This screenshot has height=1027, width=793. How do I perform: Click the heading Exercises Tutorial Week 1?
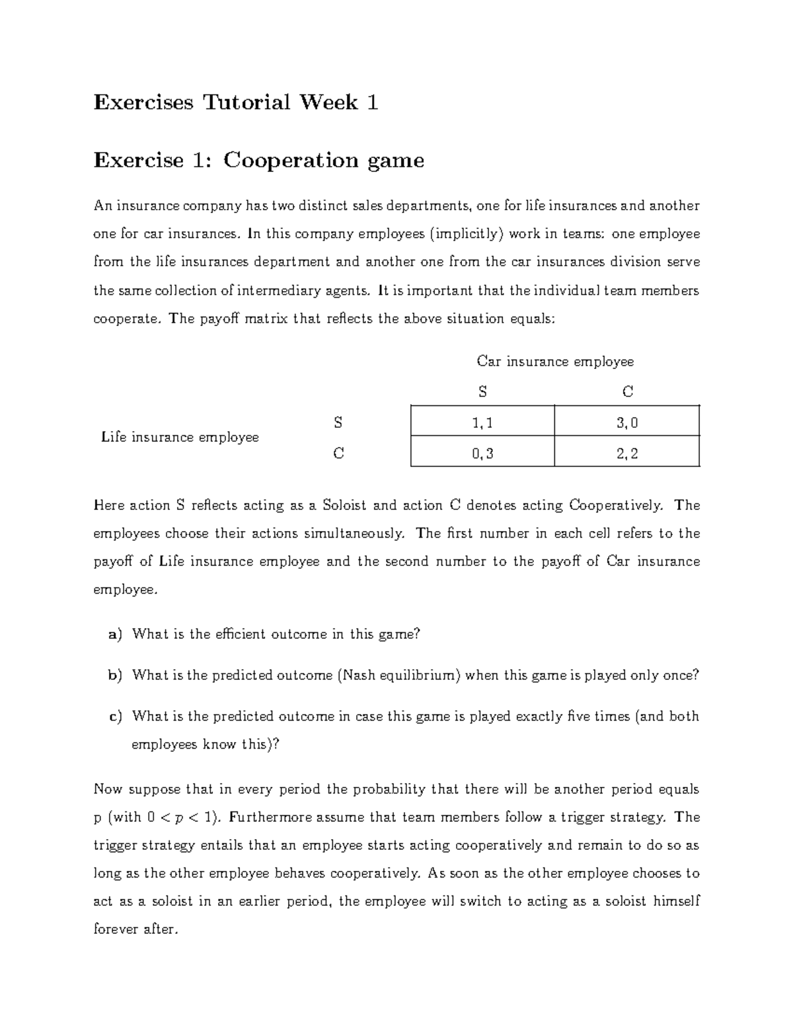click(236, 103)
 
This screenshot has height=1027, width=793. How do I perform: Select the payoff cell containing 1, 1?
click(482, 423)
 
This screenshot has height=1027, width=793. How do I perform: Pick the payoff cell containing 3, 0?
click(627, 423)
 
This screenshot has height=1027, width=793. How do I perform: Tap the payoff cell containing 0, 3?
click(482, 453)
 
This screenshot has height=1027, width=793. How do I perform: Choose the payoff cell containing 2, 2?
click(627, 453)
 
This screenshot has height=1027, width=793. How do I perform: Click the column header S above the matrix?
click(482, 392)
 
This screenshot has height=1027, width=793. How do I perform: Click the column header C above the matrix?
click(628, 392)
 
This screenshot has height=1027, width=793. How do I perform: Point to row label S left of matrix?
click(338, 422)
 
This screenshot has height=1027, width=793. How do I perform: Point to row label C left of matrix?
click(338, 454)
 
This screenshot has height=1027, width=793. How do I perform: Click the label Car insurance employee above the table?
click(555, 362)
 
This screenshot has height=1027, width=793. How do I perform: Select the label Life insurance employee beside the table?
click(180, 437)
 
